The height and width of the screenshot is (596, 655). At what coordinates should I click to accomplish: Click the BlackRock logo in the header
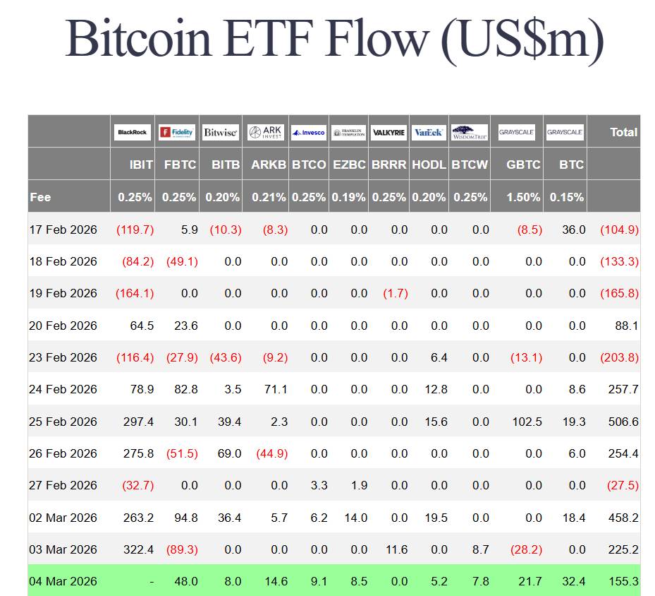(133, 132)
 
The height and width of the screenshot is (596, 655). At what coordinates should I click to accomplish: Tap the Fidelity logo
(176, 132)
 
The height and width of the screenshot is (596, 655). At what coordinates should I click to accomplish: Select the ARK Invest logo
(265, 132)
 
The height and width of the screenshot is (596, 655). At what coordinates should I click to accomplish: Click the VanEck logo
(428, 132)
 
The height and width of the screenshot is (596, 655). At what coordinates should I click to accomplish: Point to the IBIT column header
(141, 165)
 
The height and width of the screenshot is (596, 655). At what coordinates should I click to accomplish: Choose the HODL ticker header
(429, 165)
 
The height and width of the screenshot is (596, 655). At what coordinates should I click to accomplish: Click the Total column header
(623, 132)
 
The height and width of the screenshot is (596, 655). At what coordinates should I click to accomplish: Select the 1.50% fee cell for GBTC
(523, 197)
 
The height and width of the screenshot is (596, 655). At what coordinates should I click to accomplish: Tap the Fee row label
(40, 197)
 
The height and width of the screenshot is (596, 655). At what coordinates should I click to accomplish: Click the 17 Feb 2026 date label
(63, 230)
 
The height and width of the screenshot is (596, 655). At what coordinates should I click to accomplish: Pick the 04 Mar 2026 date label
(63, 581)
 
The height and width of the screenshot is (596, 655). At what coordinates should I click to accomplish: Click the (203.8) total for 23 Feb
(619, 357)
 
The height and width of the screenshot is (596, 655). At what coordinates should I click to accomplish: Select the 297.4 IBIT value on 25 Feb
(137, 422)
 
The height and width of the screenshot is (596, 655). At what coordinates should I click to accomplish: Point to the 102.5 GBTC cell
(527, 422)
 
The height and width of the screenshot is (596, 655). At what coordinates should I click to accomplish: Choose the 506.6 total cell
(623, 422)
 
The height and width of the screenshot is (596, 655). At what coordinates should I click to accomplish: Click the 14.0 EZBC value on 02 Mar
(355, 518)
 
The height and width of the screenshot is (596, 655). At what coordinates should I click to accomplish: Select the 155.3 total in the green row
(623, 581)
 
